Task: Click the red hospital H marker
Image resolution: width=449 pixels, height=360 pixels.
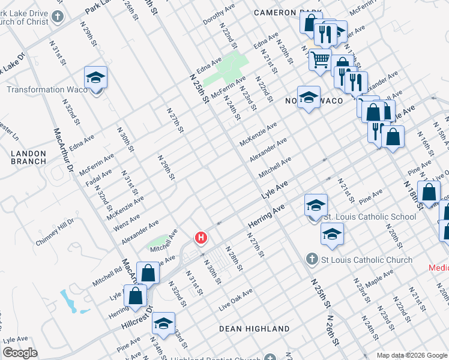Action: coord(201,239)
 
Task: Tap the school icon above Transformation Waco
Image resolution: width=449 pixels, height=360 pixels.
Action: coord(95,78)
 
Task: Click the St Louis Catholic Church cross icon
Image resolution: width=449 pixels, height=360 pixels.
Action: coord(312,259)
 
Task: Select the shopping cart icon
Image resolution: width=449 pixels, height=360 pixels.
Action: coord(321,59)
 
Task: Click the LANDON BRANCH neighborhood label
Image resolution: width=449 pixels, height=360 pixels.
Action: coord(28,157)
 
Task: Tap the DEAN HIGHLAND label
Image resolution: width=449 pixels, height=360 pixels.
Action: coord(255,329)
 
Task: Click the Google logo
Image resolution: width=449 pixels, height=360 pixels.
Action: coord(19,353)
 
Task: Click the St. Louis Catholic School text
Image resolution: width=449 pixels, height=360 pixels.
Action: coord(369,217)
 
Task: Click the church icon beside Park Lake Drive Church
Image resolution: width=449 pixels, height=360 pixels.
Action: coord(58,16)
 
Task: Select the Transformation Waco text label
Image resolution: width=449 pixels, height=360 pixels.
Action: coord(43,89)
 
